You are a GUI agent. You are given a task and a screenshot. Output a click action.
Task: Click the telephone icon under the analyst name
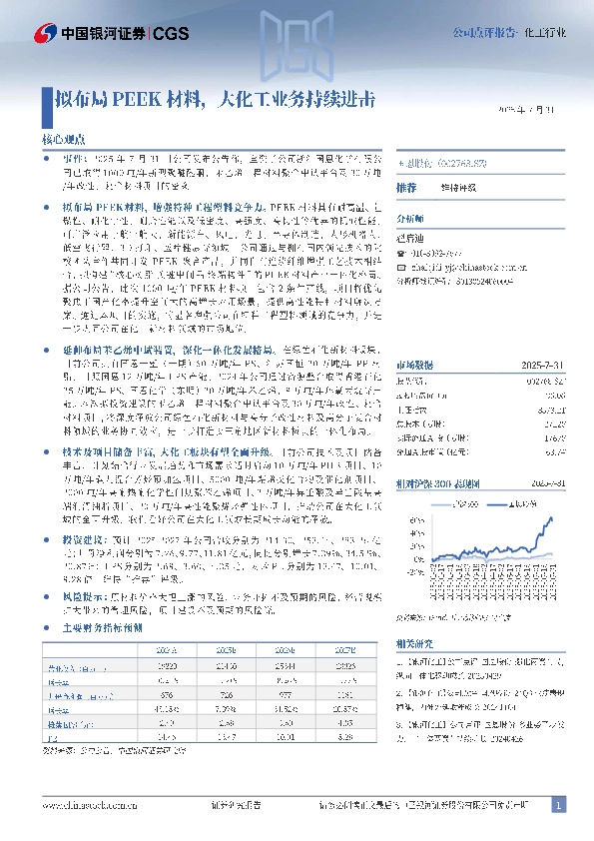click(401, 253)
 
